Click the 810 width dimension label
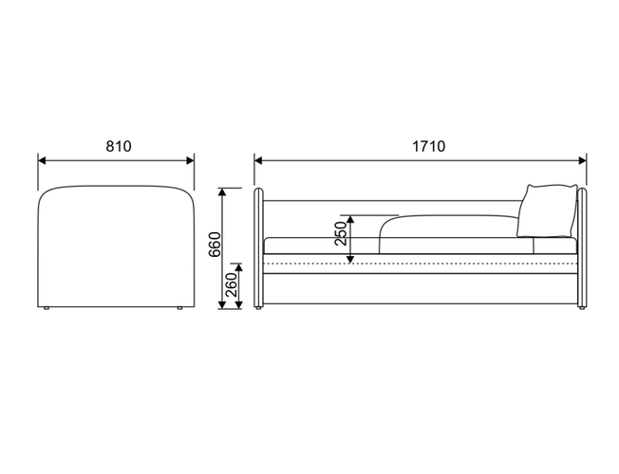119,146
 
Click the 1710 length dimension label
429,146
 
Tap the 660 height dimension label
216,245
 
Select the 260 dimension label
232,284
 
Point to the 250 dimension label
341,233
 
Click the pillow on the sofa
547,211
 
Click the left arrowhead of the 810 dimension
42,160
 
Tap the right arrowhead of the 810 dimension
190,160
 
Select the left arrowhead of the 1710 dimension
258,160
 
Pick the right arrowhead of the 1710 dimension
582,160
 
